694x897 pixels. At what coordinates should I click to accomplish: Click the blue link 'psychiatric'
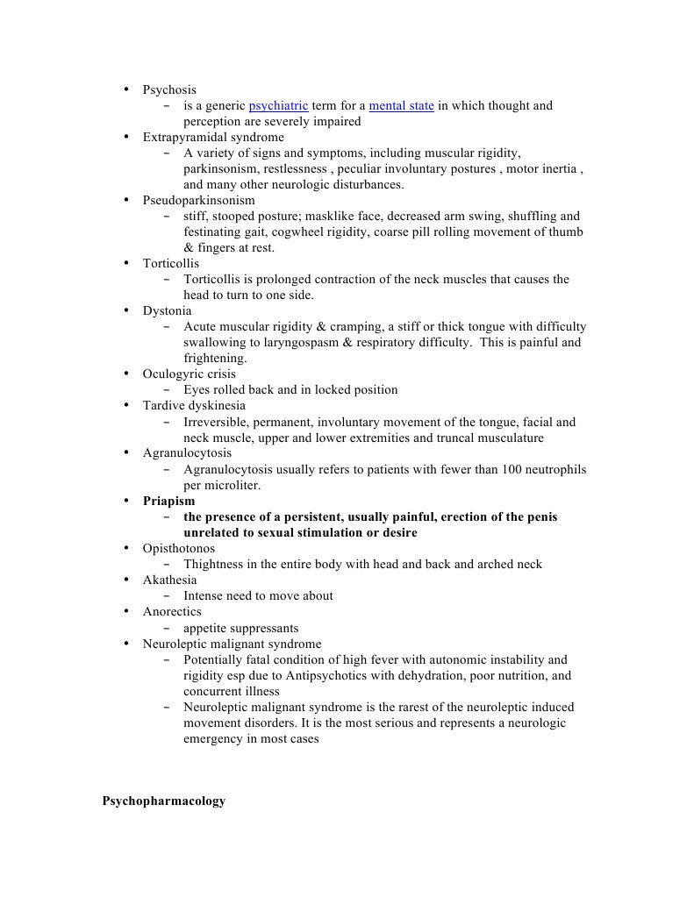point(278,106)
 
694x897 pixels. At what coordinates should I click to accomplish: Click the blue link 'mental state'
point(401,106)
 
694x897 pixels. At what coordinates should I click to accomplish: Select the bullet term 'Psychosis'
point(169,90)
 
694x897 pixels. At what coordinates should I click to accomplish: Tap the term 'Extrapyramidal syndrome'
point(213,138)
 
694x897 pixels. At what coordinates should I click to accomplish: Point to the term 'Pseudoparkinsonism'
point(199,201)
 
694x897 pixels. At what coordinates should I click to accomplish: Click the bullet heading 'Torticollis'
point(171,264)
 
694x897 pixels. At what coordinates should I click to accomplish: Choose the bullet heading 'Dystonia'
point(167,311)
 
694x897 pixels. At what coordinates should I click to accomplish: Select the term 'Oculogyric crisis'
point(189,374)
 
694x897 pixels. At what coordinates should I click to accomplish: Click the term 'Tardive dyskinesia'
point(194,406)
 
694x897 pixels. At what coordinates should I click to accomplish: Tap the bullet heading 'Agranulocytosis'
point(187,453)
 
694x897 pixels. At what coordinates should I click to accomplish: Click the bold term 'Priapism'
point(169,502)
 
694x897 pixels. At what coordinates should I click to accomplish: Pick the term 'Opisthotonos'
point(178,549)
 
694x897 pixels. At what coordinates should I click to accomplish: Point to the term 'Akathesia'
point(169,580)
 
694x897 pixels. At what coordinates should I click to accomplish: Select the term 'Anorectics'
point(172,612)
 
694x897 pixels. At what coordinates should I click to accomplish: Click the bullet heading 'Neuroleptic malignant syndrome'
point(232,644)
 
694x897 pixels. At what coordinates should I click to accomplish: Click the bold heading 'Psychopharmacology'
point(163,801)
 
